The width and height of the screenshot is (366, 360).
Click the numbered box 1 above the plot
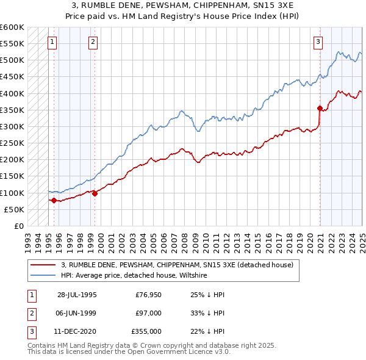pos(52,42)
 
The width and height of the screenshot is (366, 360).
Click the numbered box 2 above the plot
pos(93,42)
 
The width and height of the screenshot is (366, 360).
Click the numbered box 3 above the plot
pos(318,42)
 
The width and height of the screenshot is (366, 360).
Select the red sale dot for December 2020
pos(320,109)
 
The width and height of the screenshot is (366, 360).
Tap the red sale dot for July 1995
pos(54,200)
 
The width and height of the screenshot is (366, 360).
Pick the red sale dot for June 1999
pos(95,193)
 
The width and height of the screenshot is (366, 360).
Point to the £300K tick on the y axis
pos(12,127)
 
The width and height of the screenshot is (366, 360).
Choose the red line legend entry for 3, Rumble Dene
pos(178,265)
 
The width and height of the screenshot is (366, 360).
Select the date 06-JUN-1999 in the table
pos(77,313)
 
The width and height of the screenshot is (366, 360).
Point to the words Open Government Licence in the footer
pos(177,352)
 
